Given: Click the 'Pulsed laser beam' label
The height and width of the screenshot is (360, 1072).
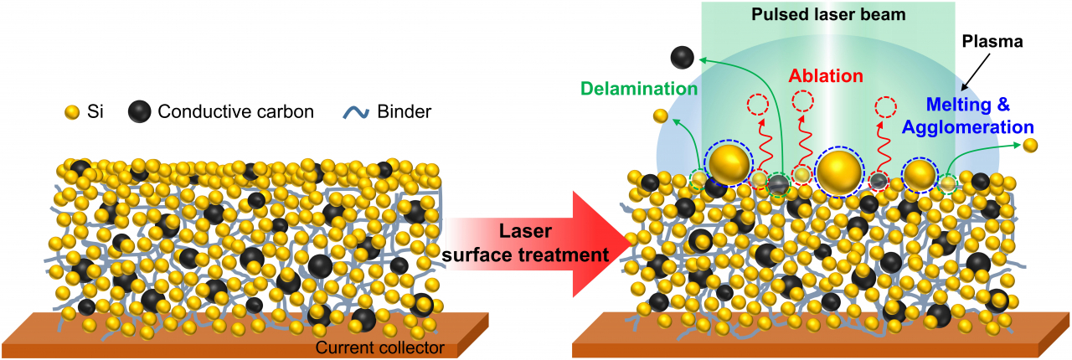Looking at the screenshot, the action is (x=828, y=14).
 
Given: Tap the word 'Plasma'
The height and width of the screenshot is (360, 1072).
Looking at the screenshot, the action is (x=992, y=42).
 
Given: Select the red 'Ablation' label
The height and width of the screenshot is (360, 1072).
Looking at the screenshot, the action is (x=826, y=75).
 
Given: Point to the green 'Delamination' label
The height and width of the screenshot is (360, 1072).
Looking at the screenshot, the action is (x=639, y=89).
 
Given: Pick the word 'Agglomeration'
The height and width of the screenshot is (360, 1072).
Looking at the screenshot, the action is (x=967, y=127).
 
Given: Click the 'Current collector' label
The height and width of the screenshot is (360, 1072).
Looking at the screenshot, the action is (x=380, y=347).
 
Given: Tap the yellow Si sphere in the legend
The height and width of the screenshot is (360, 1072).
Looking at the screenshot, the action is (x=72, y=112).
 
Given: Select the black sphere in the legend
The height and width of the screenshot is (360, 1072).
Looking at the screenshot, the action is (x=140, y=112).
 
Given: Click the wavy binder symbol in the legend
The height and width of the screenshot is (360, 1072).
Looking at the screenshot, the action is (x=356, y=113).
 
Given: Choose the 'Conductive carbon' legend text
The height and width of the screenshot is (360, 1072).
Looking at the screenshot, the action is (x=235, y=111).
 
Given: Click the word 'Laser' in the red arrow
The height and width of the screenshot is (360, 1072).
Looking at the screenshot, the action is (x=525, y=231).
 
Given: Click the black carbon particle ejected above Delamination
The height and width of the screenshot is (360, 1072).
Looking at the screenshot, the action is (x=682, y=58).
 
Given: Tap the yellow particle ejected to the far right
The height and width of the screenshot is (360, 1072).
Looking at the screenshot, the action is (x=1030, y=145).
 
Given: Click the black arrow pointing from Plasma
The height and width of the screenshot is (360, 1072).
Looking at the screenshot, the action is (x=976, y=72).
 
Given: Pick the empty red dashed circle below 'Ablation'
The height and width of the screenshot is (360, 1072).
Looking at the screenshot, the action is (x=802, y=101).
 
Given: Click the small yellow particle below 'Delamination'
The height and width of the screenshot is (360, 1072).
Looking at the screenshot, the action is (x=661, y=116).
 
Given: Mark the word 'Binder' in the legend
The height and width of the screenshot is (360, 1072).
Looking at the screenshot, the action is (x=404, y=111).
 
